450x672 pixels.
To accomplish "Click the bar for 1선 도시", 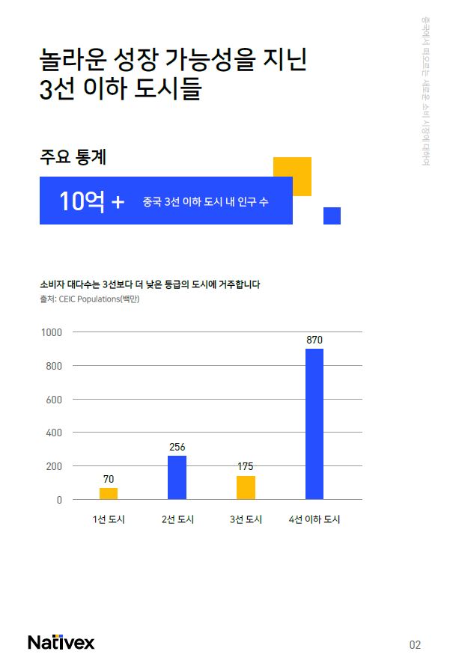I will [x=109, y=493].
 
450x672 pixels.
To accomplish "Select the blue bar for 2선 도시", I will [x=177, y=477].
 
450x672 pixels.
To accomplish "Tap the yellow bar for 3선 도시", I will [x=246, y=487].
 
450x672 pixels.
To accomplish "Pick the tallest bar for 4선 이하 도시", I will [x=314, y=424].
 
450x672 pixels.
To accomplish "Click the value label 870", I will [x=314, y=340].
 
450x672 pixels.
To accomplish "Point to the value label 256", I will [x=177, y=447].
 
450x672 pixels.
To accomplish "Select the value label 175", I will [x=246, y=466].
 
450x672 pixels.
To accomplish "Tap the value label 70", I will [x=109, y=478].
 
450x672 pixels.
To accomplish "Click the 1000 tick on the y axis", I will [x=52, y=332].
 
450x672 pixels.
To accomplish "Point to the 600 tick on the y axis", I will [x=54, y=399].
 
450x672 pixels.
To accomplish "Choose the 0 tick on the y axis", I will [x=59, y=500].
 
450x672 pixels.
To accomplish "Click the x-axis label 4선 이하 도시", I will [x=314, y=519].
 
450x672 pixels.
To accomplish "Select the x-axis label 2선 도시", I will [x=177, y=519].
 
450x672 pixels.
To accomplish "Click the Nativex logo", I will [x=61, y=642].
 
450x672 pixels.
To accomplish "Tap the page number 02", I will [x=415, y=644].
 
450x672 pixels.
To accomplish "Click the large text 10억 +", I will [x=91, y=201].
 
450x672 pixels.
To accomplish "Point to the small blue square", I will [x=332, y=216].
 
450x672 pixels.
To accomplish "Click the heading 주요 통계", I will [x=73, y=157].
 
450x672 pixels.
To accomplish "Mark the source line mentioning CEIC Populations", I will [x=90, y=299].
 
